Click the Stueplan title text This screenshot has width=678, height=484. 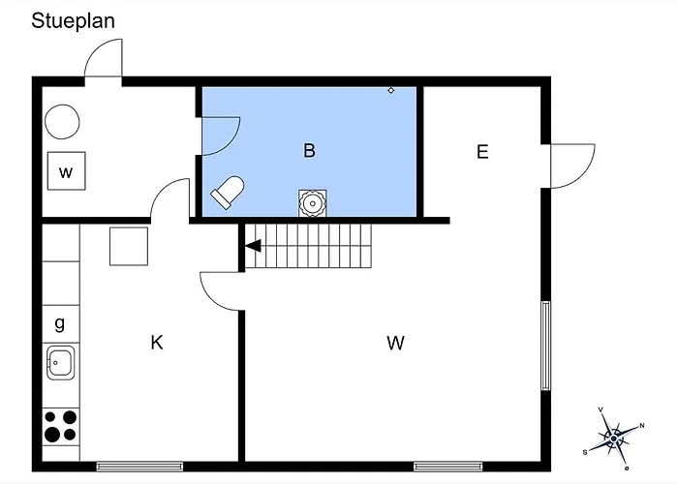click(73, 21)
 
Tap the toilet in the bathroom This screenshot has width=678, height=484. click(228, 192)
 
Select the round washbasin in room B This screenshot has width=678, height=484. click(312, 203)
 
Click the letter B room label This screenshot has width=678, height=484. click(309, 150)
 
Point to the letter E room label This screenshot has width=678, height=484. click(482, 152)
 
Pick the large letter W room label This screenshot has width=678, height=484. click(395, 343)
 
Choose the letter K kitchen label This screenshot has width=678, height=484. click(157, 343)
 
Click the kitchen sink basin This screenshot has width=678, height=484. click(60, 363)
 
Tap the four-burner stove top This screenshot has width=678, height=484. click(61, 427)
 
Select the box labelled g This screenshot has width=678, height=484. click(61, 324)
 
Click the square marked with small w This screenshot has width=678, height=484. click(66, 170)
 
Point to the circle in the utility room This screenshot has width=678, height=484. click(62, 121)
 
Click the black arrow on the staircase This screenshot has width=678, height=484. click(254, 246)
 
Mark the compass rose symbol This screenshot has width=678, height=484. click(613, 439)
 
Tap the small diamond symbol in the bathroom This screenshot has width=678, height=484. click(391, 90)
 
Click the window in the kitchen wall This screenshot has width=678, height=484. click(139, 467)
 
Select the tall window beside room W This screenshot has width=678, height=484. click(545, 346)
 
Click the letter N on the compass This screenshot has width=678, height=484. click(642, 426)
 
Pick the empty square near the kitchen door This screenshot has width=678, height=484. click(129, 246)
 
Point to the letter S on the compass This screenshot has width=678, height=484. click(585, 452)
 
